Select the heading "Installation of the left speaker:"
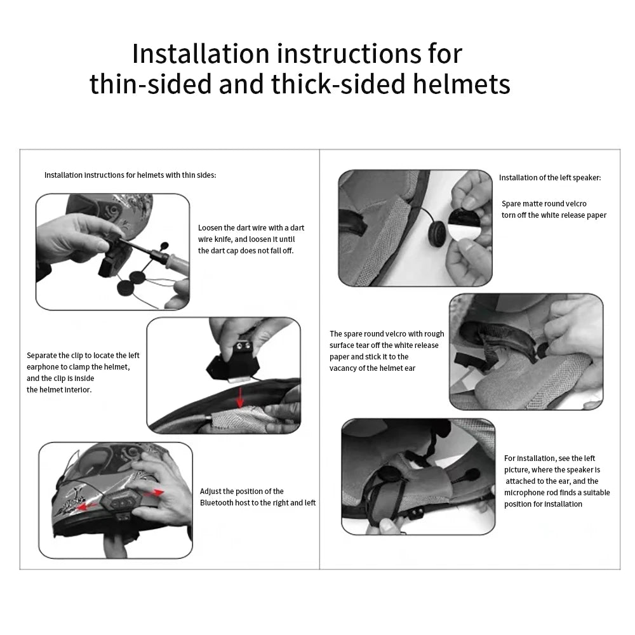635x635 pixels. pyautogui.click(x=549, y=178)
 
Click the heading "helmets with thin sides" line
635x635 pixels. pyautogui.click(x=130, y=175)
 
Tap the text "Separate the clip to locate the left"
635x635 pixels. pyautogui.click(x=83, y=356)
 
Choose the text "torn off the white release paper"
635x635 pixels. pyautogui.click(x=554, y=215)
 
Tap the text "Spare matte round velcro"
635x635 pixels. pyautogui.click(x=544, y=204)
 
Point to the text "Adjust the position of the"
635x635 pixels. pyautogui.click(x=241, y=491)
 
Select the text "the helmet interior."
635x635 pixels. pyautogui.click(x=59, y=390)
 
